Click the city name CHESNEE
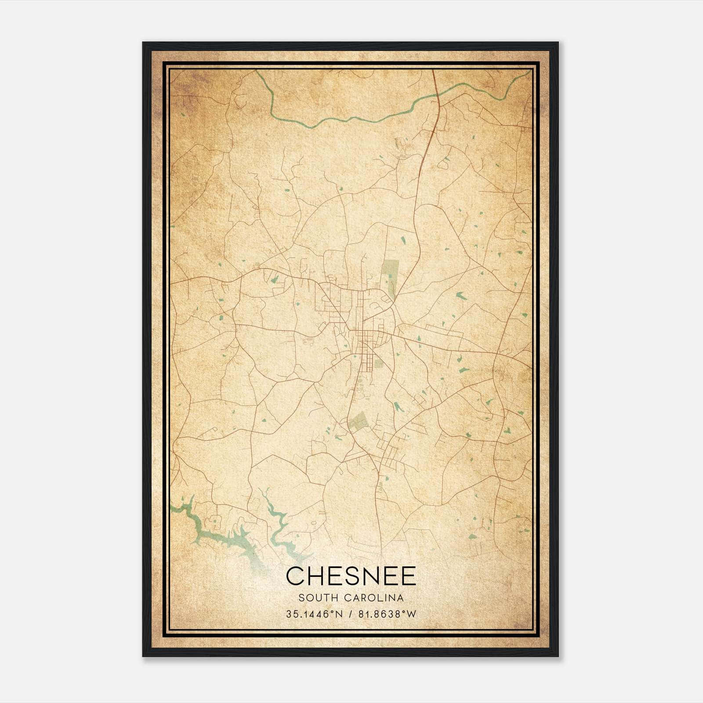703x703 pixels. click(x=351, y=576)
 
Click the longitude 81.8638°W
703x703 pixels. click(x=387, y=614)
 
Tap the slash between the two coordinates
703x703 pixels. click(x=351, y=614)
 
